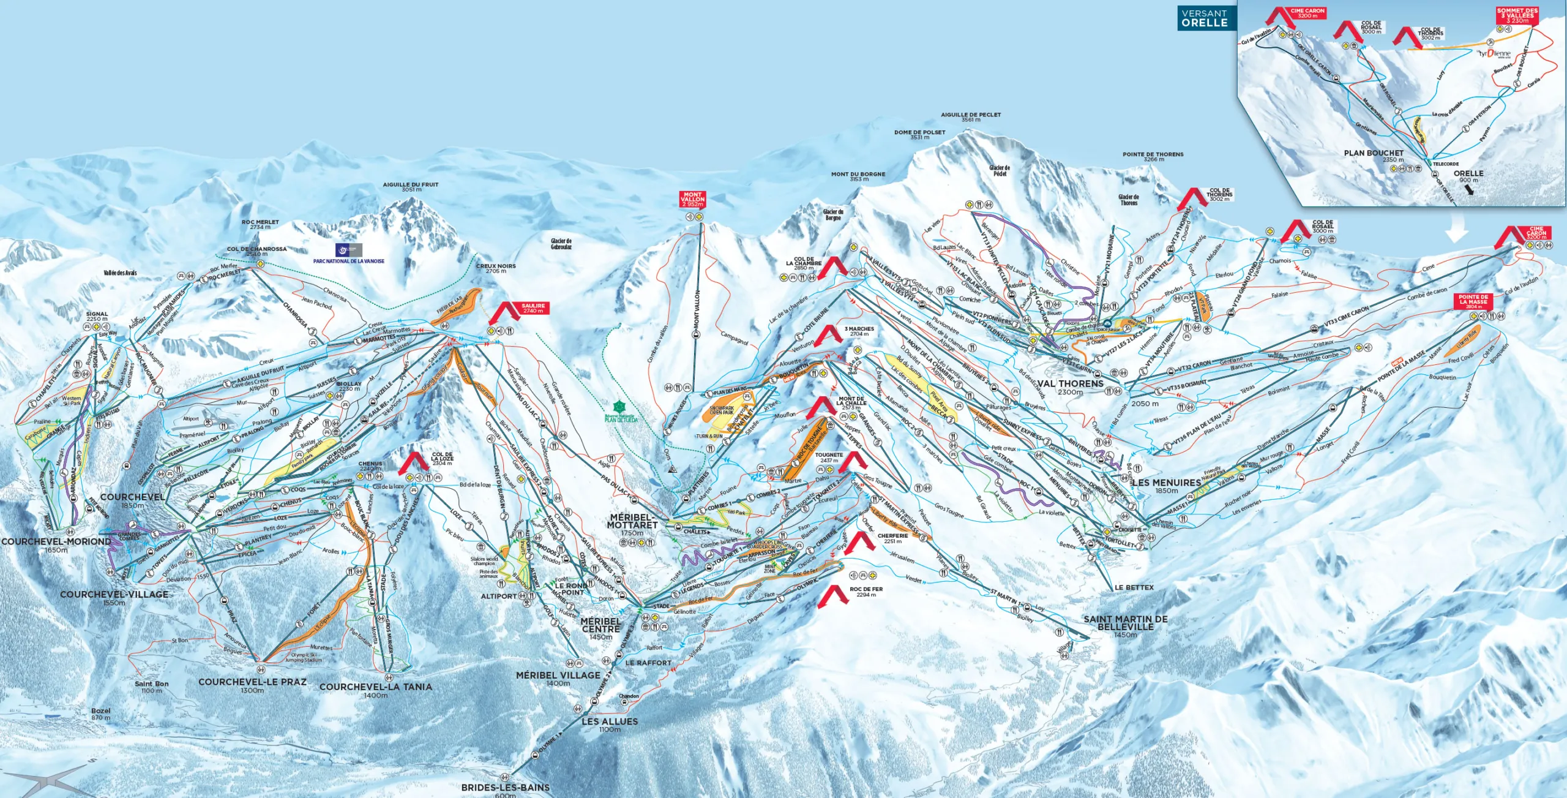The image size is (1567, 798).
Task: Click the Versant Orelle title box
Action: click(1205, 18)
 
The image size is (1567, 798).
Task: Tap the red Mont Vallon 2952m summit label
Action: click(692, 199)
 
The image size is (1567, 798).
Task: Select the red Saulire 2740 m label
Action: click(533, 308)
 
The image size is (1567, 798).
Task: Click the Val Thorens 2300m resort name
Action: click(1070, 386)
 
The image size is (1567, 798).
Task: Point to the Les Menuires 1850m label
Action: click(1166, 486)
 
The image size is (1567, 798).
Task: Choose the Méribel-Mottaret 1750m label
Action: click(632, 524)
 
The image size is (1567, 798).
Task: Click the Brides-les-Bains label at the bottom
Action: click(506, 789)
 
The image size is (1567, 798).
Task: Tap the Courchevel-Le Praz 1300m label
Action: click(252, 685)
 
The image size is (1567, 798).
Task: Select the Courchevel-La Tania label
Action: click(375, 690)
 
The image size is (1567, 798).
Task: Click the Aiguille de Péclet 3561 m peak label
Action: click(971, 116)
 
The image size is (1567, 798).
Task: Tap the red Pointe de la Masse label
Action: click(1473, 300)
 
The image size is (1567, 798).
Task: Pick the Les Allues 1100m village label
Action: click(610, 725)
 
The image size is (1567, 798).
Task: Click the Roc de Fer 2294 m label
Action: click(866, 591)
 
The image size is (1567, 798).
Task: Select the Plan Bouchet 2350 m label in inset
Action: click(1374, 156)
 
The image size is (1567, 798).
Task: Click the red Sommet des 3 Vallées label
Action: click(1517, 15)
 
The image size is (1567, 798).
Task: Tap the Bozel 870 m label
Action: click(101, 713)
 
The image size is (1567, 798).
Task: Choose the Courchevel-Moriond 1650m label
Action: click(56, 544)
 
